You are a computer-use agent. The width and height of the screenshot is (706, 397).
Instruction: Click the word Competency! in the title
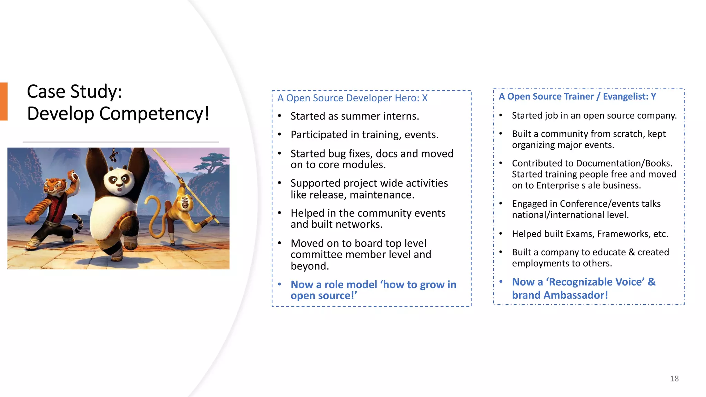(x=154, y=114)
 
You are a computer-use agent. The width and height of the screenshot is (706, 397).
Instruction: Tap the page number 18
(x=674, y=378)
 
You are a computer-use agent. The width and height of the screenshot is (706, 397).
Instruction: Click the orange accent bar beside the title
(x=3, y=101)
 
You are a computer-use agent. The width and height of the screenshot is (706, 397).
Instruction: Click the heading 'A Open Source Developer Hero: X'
(x=352, y=98)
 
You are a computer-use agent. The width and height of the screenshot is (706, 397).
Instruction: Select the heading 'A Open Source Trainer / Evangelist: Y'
(x=577, y=96)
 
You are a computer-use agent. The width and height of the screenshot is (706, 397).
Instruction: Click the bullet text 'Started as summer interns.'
(x=354, y=116)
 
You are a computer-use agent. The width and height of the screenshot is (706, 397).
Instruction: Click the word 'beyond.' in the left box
(x=310, y=266)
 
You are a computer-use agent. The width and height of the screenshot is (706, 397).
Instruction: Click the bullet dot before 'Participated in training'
(x=280, y=134)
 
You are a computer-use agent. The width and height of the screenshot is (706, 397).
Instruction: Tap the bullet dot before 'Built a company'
(x=501, y=252)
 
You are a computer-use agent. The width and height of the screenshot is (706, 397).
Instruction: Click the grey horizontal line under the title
(x=121, y=142)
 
